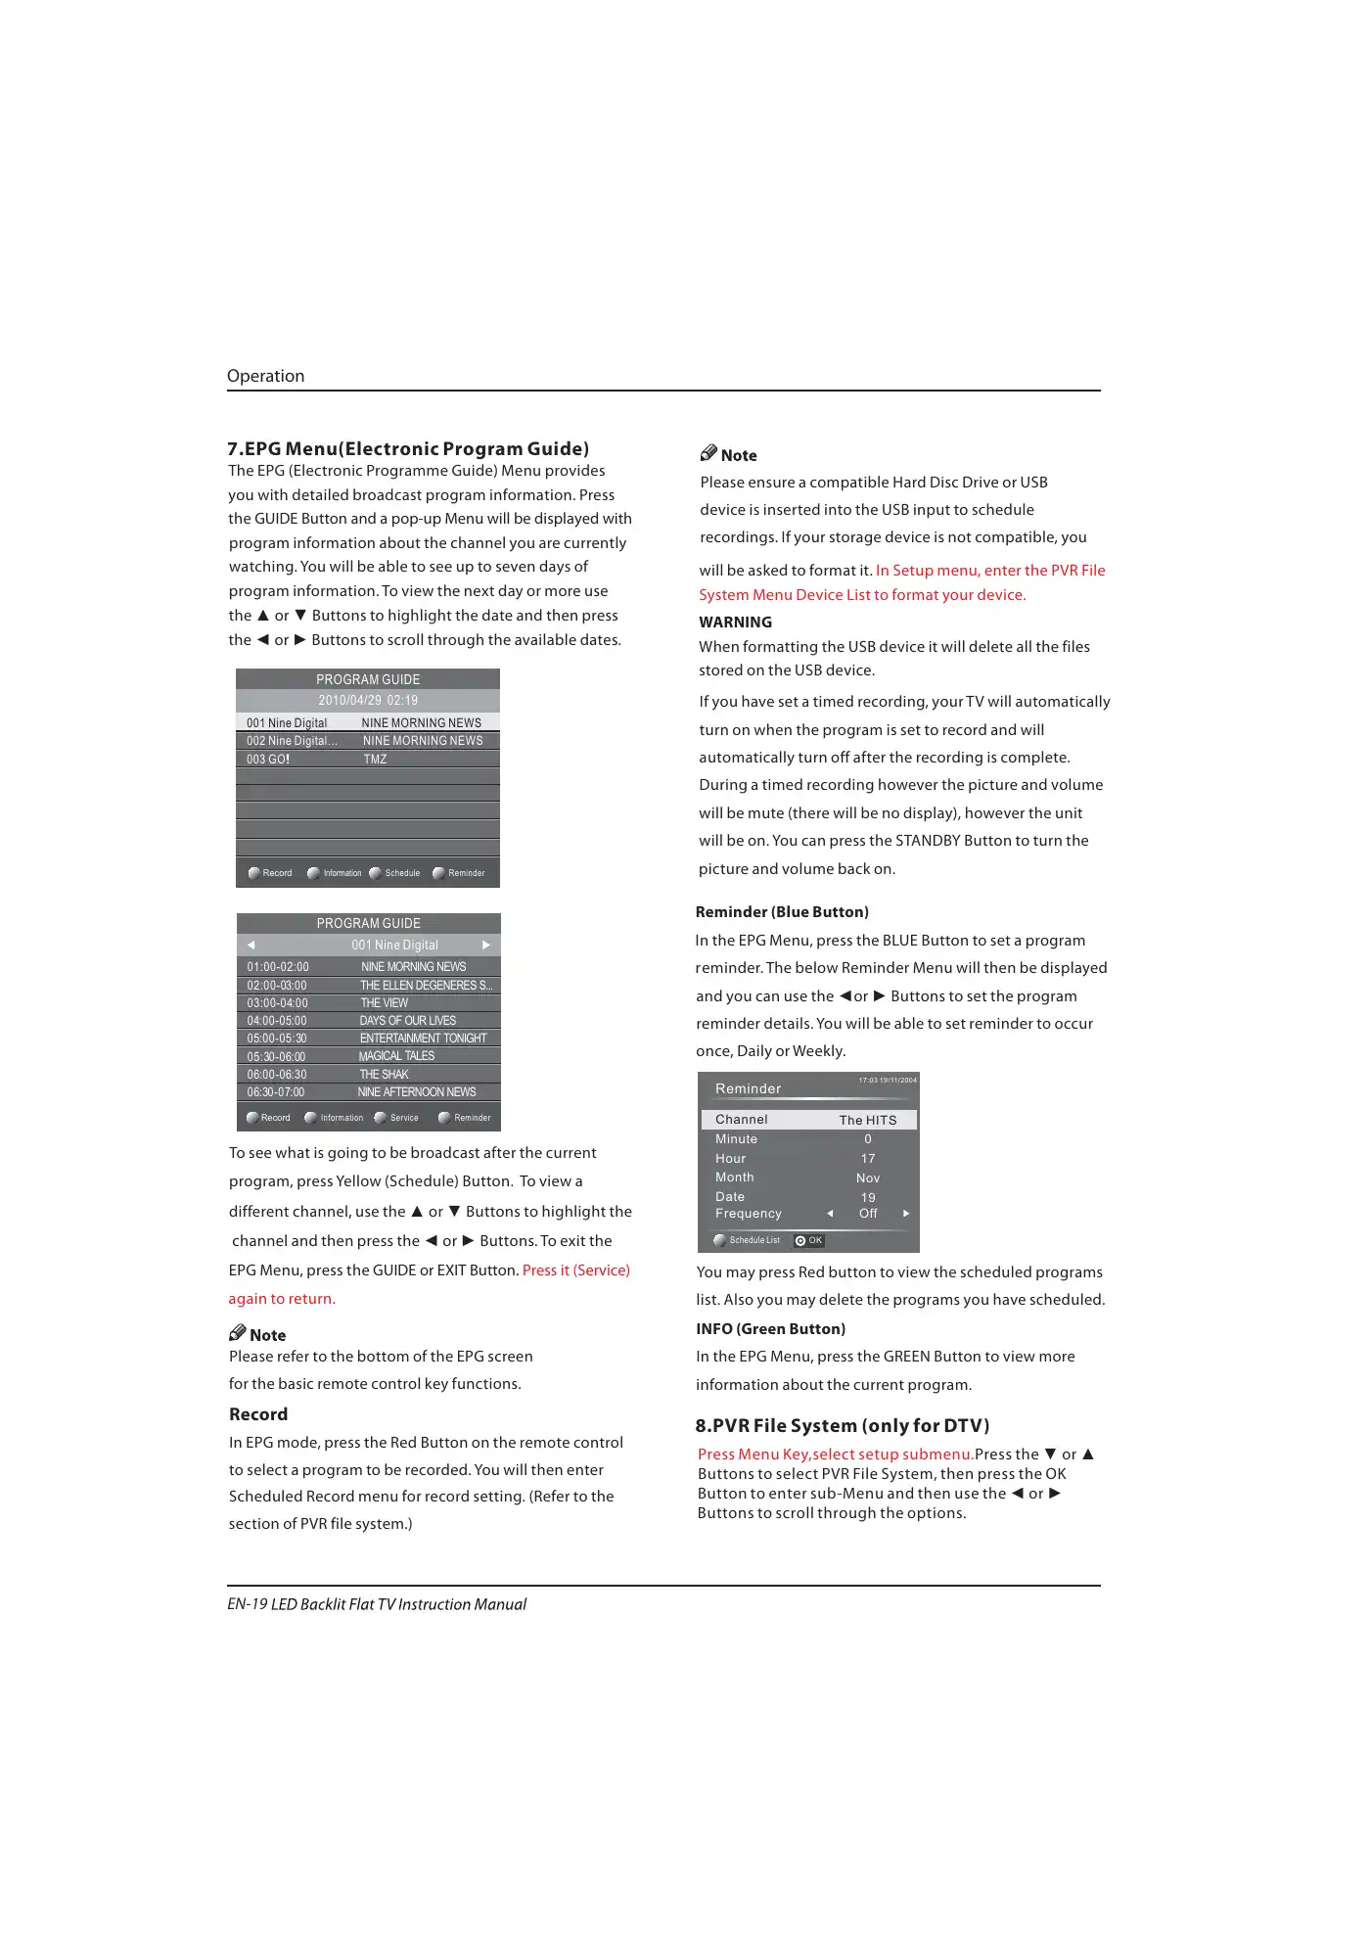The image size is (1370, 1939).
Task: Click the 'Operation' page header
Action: (x=265, y=376)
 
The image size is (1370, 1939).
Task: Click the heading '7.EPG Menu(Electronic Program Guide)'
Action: (x=408, y=448)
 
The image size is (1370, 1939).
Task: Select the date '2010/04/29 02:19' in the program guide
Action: (x=368, y=700)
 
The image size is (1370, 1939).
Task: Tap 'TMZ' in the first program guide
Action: (x=375, y=759)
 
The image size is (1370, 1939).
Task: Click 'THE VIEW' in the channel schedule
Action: (x=385, y=1002)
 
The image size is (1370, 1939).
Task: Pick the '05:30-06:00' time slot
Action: (x=276, y=1056)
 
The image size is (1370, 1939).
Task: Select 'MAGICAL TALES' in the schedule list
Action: (x=396, y=1056)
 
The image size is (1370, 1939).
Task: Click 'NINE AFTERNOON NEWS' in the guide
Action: (x=417, y=1091)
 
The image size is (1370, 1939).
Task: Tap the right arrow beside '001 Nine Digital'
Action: (x=486, y=945)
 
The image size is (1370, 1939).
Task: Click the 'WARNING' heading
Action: (x=735, y=622)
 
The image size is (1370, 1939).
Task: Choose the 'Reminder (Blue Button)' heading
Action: (x=782, y=911)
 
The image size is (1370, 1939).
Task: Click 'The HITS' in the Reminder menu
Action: (x=868, y=1120)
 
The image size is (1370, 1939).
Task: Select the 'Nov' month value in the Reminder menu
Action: (x=868, y=1177)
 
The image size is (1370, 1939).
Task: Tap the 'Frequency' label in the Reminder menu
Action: (x=749, y=1213)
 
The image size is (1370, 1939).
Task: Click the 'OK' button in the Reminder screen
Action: (x=809, y=1240)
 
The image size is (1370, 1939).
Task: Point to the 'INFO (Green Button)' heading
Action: (x=770, y=1328)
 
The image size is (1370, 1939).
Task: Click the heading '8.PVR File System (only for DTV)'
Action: (x=843, y=1425)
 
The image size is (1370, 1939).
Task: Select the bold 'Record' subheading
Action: (x=258, y=1413)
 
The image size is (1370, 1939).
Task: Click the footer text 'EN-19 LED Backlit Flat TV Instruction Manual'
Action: (x=377, y=1604)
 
